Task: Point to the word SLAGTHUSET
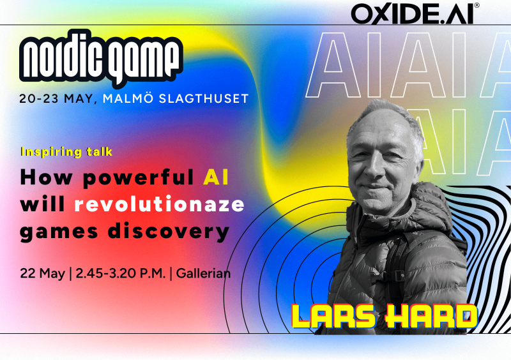(204, 98)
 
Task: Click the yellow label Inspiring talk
(66, 152)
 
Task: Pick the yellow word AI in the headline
(216, 177)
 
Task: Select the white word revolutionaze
(159, 204)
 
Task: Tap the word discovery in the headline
(169, 232)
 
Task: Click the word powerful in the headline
(139, 178)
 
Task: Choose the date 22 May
(42, 273)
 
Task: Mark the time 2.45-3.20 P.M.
(121, 273)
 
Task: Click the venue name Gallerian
(203, 273)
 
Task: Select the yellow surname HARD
(431, 315)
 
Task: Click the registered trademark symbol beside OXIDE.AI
(477, 5)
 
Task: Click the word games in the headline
(59, 232)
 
